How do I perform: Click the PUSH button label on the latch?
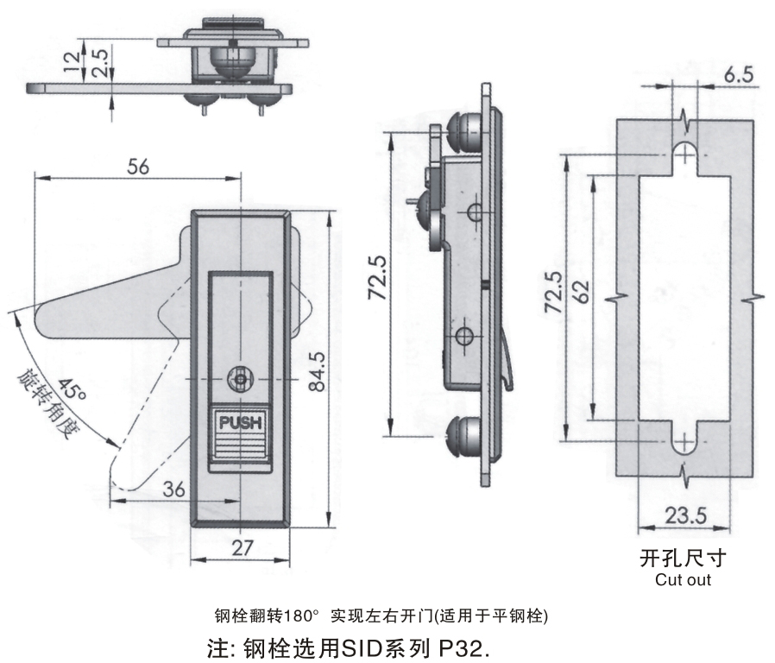pos(242,423)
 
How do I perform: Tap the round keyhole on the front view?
pos(241,378)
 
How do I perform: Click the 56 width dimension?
pos(137,167)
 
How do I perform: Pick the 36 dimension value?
pos(173,489)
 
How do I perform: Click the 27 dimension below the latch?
pos(243,547)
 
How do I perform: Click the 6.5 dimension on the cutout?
pos(739,75)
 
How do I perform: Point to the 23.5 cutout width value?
pos(687,515)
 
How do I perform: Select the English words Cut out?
pos(683,580)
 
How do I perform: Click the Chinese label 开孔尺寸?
pos(683,559)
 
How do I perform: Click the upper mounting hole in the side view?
pos(473,212)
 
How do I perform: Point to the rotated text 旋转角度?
pos(48,406)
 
